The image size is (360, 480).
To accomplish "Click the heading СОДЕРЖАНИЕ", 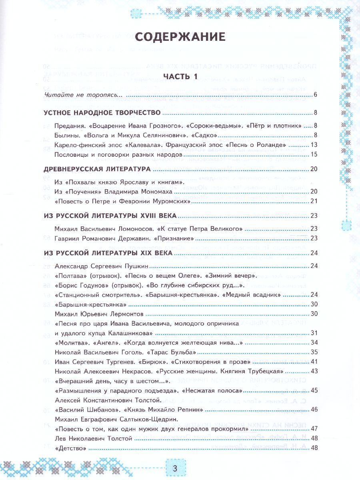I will coord(180,37).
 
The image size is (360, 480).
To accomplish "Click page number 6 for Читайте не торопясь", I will coord(315,95).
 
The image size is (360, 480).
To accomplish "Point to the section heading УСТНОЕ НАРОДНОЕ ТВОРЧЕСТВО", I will coord(102,112).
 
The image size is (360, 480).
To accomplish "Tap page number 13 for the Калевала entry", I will coord(314,144).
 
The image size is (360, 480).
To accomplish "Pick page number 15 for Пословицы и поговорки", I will coord(314,154).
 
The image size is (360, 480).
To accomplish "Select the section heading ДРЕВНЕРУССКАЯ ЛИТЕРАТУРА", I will coord(97,169).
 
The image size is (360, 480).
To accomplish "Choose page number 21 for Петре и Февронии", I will coord(314,201).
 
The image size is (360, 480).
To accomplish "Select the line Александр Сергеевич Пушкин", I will coord(102,266).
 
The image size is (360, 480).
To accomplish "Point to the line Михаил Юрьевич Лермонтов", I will coord(99,314).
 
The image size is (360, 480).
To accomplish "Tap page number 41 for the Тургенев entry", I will coord(314,362).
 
